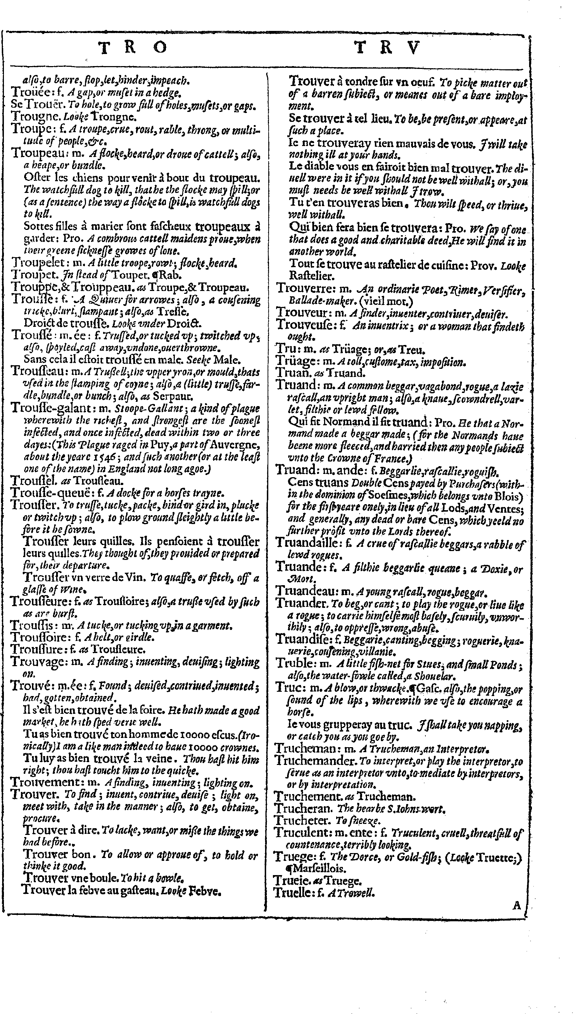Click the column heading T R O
click(x=132, y=48)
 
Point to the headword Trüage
click(x=296, y=361)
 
